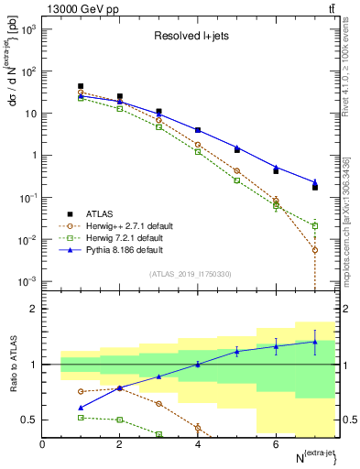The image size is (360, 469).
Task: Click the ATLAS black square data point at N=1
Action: click(x=81, y=86)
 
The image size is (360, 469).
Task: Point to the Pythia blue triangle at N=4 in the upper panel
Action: click(x=198, y=130)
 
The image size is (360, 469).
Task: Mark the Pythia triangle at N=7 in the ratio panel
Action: click(x=315, y=342)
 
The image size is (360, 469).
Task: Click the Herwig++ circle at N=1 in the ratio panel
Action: click(x=81, y=391)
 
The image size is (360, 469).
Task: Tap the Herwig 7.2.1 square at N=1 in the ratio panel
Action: click(x=81, y=417)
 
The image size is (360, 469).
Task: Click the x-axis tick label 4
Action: click(x=198, y=444)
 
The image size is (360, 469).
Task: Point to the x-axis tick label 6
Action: click(x=276, y=444)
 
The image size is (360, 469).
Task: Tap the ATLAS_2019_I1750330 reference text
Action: click(x=190, y=274)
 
